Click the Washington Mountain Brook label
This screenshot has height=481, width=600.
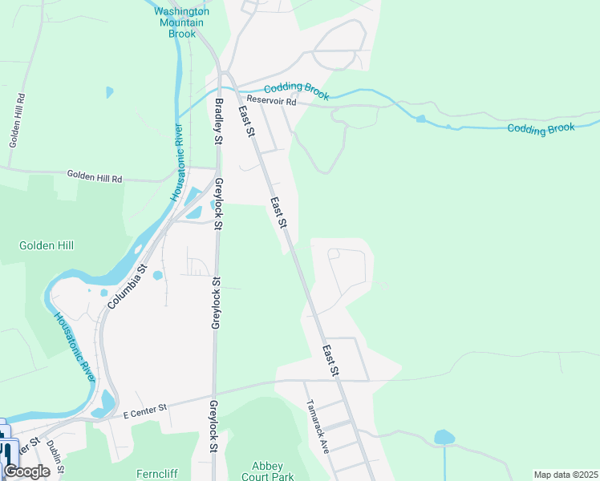tap(181, 22)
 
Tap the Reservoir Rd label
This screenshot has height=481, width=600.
tap(271, 102)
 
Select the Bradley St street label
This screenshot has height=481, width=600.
tap(217, 120)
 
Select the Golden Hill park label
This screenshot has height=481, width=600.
tap(47, 245)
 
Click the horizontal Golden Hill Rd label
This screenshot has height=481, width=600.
tap(94, 176)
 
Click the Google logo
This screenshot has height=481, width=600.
tap(26, 471)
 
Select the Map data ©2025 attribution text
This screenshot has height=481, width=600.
tap(566, 475)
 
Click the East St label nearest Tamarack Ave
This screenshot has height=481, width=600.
tap(330, 362)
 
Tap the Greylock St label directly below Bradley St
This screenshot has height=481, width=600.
tap(217, 204)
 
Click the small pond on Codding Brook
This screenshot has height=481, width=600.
tap(420, 119)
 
